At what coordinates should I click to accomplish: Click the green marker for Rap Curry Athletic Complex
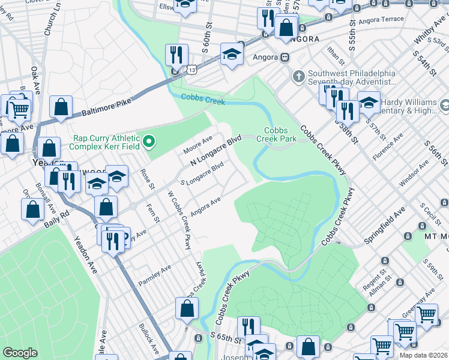coord(150,142)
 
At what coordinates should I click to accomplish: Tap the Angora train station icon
coord(285,58)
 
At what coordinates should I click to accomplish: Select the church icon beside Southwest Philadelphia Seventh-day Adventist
coord(298,77)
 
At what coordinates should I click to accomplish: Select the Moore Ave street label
coord(199,143)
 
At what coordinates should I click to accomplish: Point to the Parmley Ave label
coord(154,275)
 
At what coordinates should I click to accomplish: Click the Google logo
coord(20,353)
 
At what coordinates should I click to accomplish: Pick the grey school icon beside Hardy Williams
coord(445,106)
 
